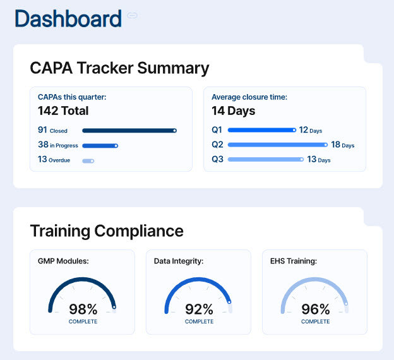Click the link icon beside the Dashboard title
[x=132, y=16]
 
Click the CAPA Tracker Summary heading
[x=119, y=68]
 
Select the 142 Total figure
[x=63, y=111]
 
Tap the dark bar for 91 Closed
[x=129, y=131]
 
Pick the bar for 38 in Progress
[x=100, y=145]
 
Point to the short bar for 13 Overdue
[x=88, y=160]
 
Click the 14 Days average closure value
[x=233, y=111]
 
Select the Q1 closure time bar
[x=261, y=130]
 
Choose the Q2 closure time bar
[x=277, y=145]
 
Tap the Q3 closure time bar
[x=265, y=159]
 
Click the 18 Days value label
[x=342, y=145]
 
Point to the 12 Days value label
[x=310, y=130]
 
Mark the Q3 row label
[x=217, y=159]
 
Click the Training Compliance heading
[x=107, y=231]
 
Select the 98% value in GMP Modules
[x=83, y=309]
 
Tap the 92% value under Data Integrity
[x=199, y=309]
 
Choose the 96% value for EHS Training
[x=315, y=309]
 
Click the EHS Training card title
[x=294, y=260]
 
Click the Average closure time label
[x=249, y=97]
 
